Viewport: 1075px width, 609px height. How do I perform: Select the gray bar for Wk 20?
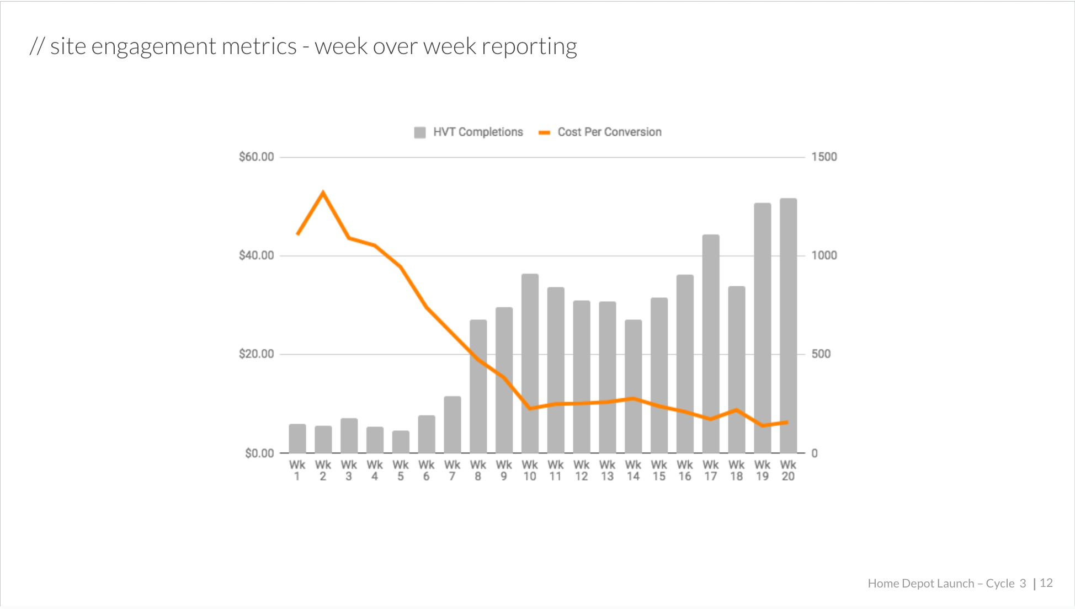coord(788,325)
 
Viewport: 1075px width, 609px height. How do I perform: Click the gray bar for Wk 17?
coord(711,344)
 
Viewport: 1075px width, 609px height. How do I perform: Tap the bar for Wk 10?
coord(530,363)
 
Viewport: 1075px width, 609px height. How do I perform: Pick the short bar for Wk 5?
coord(401,441)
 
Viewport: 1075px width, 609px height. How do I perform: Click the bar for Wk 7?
coord(453,424)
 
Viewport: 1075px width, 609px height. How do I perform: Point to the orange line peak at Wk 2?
coord(323,193)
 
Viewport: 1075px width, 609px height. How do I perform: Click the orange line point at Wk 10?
coord(530,408)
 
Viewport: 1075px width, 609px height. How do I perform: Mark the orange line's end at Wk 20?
coord(787,423)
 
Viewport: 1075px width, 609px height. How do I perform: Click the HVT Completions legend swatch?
coord(420,132)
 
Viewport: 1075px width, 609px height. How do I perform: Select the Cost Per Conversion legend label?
coord(609,132)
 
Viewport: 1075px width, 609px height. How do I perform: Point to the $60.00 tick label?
coord(256,157)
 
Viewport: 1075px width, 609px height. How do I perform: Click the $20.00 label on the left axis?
coord(256,354)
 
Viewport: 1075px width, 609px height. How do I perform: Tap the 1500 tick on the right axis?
coord(824,157)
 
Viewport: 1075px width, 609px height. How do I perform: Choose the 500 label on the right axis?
coord(821,354)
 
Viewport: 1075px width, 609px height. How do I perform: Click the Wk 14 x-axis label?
coord(633,471)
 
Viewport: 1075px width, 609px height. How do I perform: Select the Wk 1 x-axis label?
coord(297,471)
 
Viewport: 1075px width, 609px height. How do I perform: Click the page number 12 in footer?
coord(1046,583)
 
